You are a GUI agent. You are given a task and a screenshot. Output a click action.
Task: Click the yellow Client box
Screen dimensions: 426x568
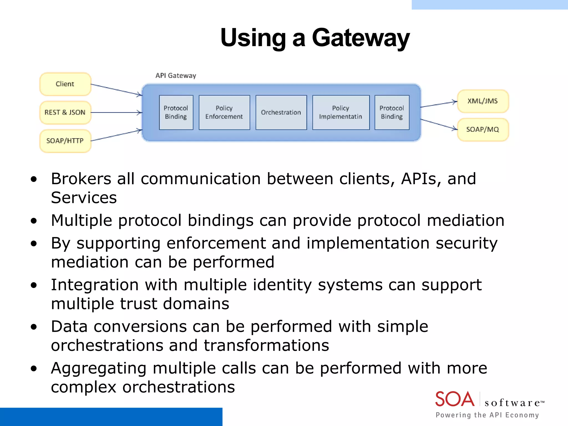(x=65, y=84)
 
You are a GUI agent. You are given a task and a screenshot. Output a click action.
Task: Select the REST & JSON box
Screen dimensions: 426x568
(x=65, y=112)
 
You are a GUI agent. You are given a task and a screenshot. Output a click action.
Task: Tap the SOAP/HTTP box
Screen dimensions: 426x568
(x=65, y=141)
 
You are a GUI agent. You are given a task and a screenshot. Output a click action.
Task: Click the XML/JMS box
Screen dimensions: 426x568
(x=483, y=101)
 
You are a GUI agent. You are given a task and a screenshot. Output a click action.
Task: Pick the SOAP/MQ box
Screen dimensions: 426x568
(x=483, y=130)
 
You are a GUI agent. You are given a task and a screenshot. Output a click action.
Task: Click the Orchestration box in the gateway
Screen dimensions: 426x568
(x=281, y=112)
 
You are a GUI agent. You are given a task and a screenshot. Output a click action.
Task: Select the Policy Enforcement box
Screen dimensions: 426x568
(x=224, y=112)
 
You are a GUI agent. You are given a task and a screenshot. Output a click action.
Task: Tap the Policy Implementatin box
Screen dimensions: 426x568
(x=341, y=112)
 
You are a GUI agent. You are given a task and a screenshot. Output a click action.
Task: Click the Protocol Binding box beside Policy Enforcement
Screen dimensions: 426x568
(x=176, y=112)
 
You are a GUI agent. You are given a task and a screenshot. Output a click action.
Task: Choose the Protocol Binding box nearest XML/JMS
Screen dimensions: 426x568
(x=392, y=112)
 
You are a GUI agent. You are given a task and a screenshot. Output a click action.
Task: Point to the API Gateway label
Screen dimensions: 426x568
(x=176, y=75)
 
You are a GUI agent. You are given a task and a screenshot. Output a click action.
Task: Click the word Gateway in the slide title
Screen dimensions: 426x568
(x=361, y=38)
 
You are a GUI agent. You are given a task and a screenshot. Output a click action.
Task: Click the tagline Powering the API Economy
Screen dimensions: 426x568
(x=487, y=415)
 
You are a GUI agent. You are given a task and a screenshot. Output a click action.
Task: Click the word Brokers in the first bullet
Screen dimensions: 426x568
(x=81, y=179)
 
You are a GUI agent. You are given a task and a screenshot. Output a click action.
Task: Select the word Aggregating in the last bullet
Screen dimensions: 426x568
(x=98, y=369)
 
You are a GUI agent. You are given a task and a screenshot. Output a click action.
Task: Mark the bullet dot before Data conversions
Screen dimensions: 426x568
(x=34, y=327)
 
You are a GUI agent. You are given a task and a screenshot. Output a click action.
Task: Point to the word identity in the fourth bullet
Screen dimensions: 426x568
(x=282, y=285)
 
